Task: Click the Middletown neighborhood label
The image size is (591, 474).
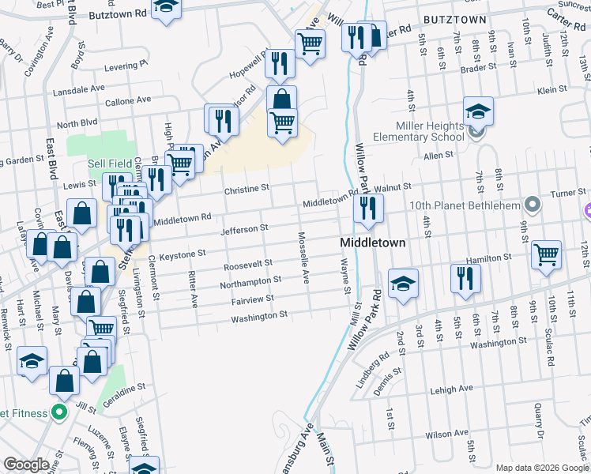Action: (x=373, y=243)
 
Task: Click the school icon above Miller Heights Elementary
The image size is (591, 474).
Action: (x=478, y=111)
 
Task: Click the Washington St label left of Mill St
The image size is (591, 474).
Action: (x=259, y=317)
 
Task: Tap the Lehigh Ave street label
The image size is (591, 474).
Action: (x=451, y=389)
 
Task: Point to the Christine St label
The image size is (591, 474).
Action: (x=247, y=189)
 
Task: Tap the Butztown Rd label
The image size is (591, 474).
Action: (x=119, y=13)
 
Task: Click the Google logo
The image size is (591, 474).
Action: (x=26, y=465)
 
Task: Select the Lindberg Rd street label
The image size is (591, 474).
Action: (x=373, y=371)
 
